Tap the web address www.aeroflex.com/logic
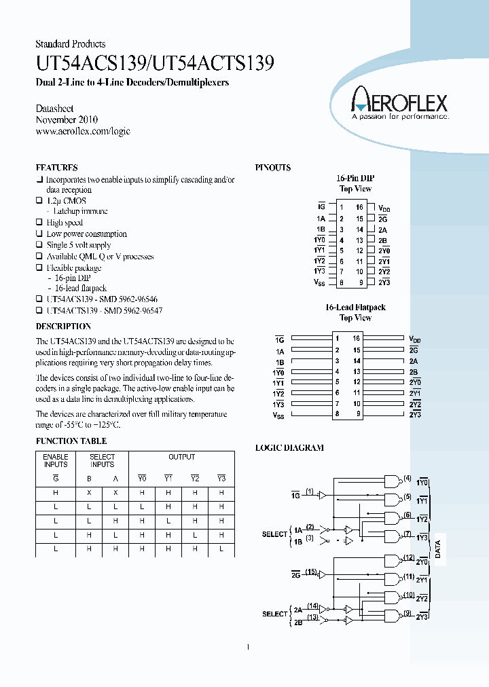point(82,131)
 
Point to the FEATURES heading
point(56,168)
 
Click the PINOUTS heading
point(272,168)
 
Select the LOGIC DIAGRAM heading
point(289,448)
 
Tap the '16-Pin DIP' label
point(355,178)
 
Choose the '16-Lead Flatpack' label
point(355,308)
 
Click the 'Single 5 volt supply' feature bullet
point(78,245)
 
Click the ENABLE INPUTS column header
point(56,460)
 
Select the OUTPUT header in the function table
point(181,457)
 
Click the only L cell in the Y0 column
point(142,507)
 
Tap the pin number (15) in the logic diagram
point(312,573)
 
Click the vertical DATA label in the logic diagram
point(438,549)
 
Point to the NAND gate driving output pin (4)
point(392,481)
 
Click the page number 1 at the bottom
point(248,646)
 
